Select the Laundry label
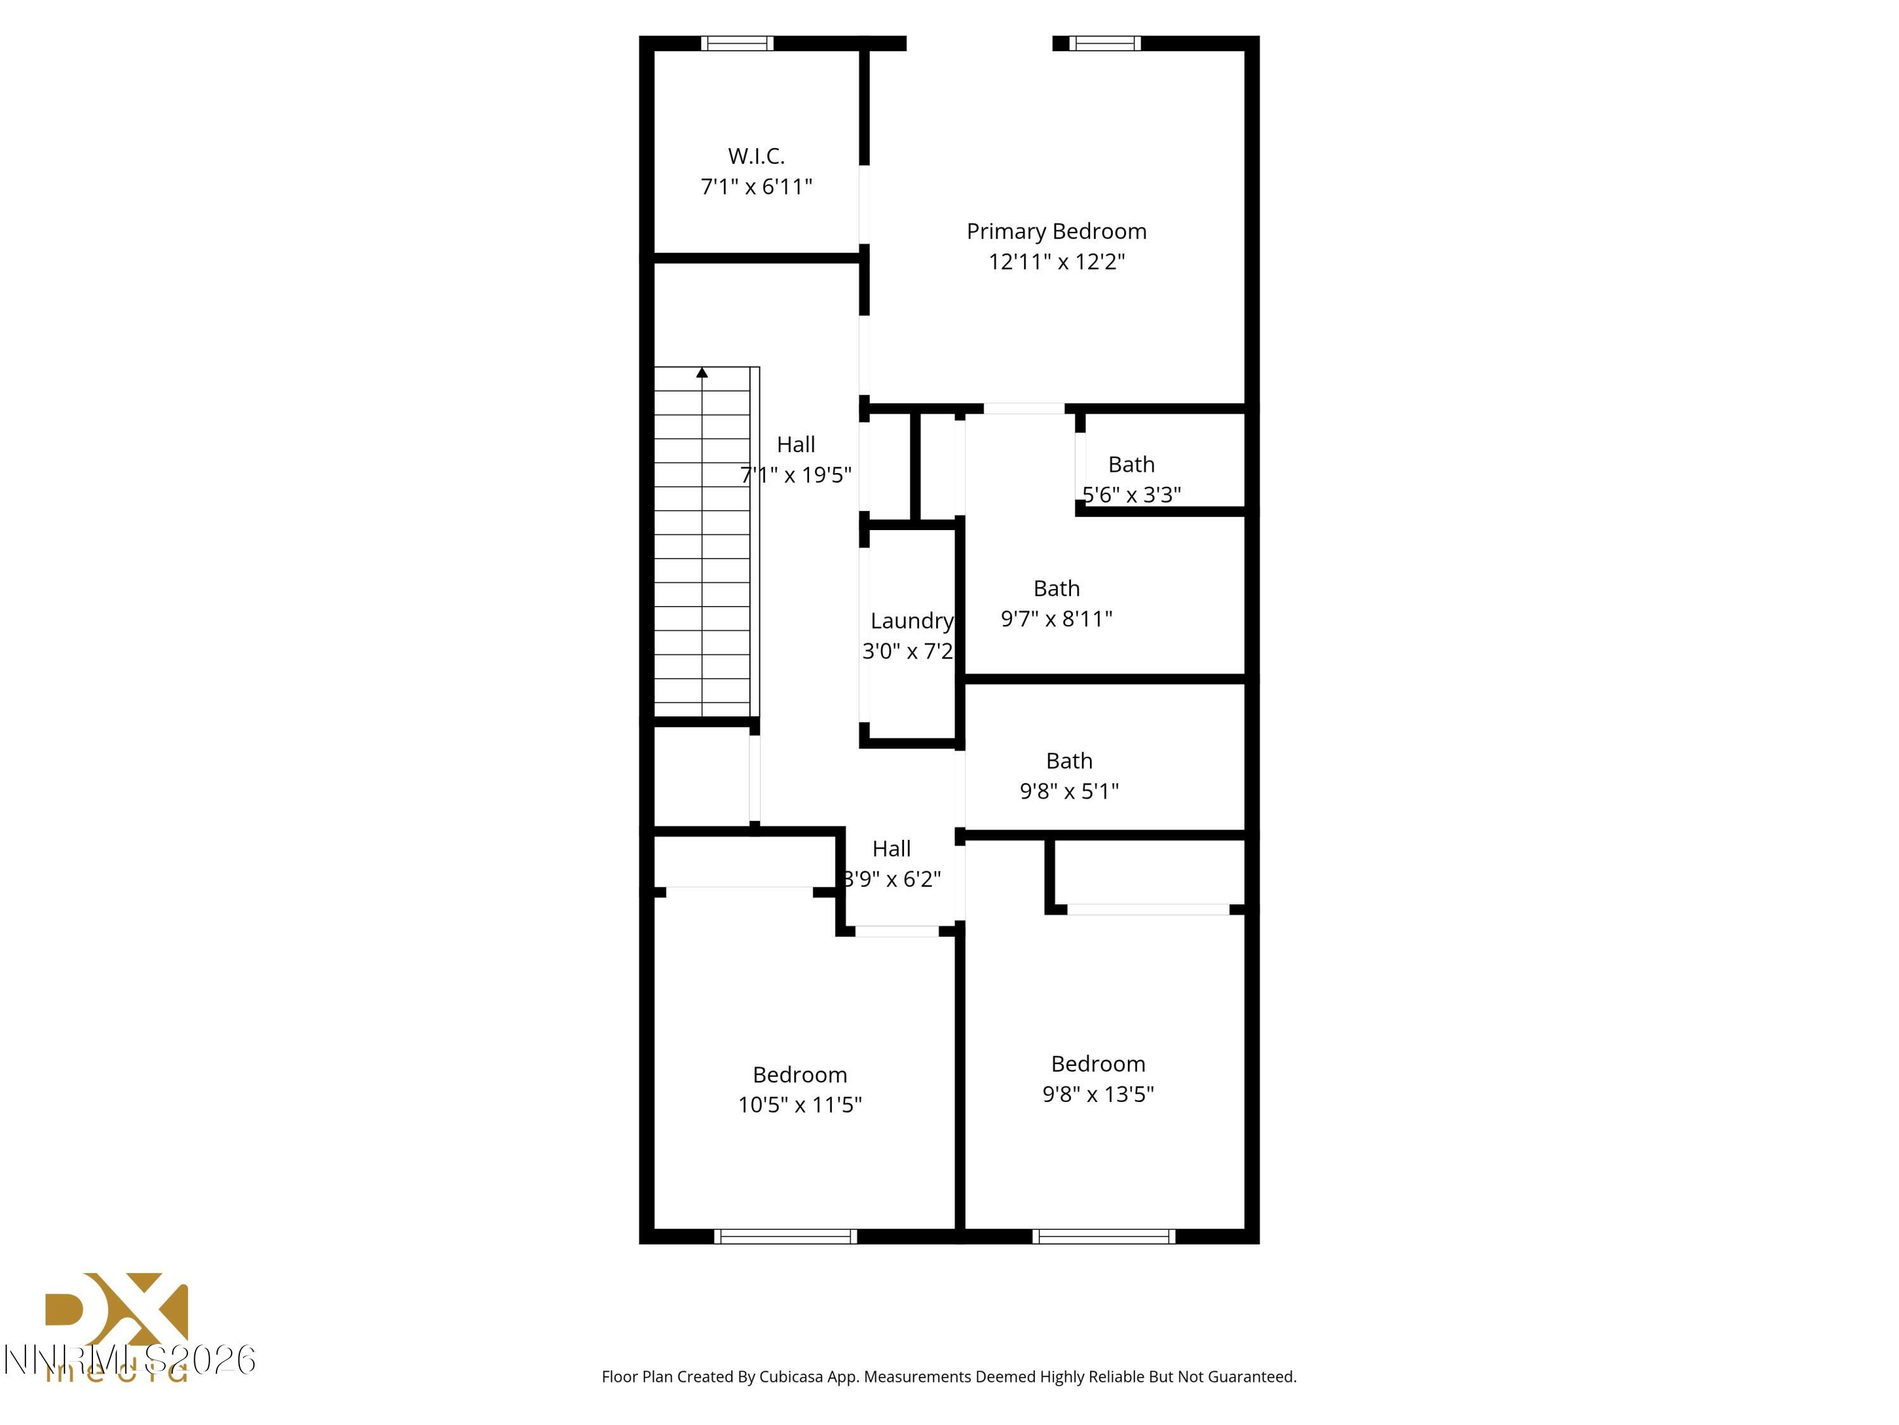coord(911,621)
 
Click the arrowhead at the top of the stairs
coord(702,373)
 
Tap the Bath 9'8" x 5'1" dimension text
coord(1069,791)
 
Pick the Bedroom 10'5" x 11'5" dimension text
coord(799,1105)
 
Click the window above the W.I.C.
coord(737,43)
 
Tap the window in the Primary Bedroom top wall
coord(1105,43)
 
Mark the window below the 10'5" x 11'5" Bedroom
coord(785,1237)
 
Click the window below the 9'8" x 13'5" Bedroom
coord(1103,1237)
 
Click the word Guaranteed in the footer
coord(1251,1377)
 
